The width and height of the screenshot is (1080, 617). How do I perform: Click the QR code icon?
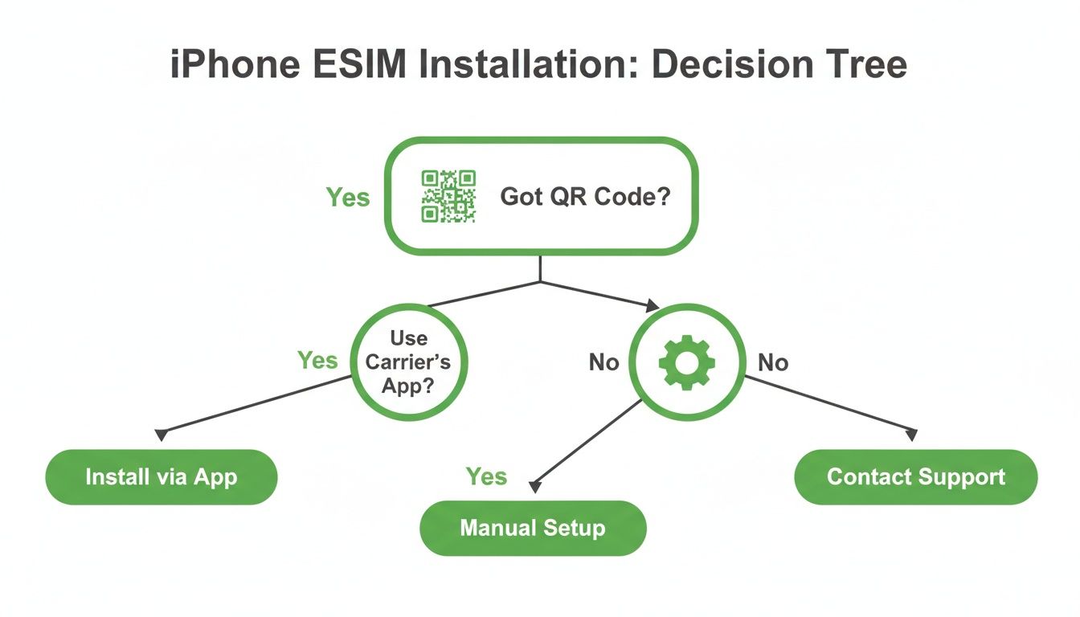pos(449,196)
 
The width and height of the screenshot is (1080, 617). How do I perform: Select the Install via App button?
pos(162,476)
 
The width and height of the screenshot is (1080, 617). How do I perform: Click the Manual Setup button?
pos(533,528)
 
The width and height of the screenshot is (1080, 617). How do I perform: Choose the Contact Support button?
pos(915,476)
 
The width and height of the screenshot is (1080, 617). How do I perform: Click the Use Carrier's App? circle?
pos(408,362)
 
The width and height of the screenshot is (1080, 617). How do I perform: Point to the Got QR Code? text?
pos(585,196)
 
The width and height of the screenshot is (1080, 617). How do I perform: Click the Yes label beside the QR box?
pos(348,197)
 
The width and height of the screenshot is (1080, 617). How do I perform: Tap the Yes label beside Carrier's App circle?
pos(317,360)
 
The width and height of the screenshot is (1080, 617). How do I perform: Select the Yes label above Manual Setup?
pos(486,476)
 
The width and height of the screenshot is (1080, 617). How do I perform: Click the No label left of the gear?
pos(603,362)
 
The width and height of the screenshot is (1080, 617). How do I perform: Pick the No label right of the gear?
pos(773,362)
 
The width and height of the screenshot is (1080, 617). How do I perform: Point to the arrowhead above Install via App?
pos(162,435)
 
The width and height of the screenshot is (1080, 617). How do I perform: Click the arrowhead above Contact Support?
pos(911,435)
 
